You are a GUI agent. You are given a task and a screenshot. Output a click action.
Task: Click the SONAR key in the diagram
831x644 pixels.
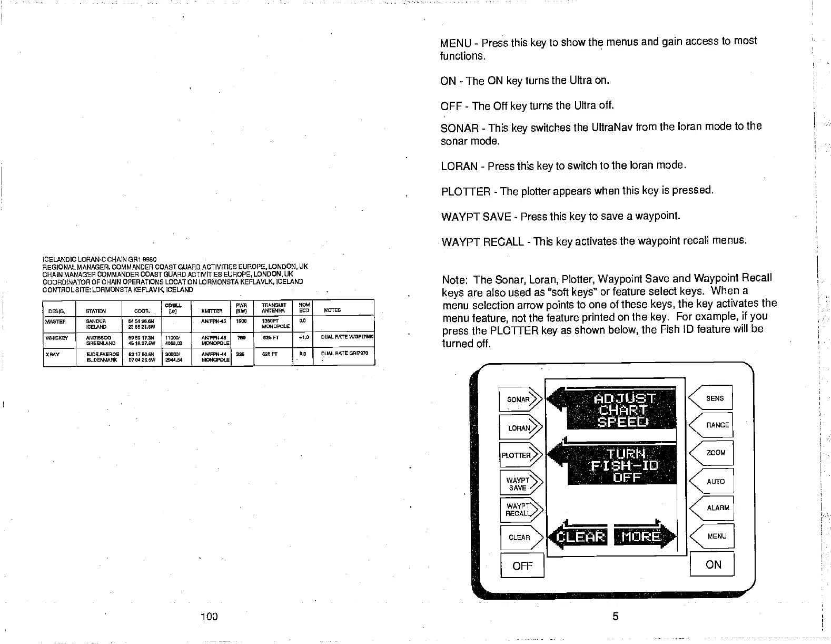[x=519, y=399]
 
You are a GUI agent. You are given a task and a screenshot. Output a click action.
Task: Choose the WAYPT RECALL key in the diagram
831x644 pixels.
[x=519, y=510]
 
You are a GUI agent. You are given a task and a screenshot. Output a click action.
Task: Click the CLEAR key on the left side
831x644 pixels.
[x=519, y=538]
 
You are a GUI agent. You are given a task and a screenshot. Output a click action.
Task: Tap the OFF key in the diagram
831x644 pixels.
[x=522, y=566]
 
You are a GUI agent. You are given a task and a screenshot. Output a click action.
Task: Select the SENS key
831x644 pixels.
[x=714, y=398]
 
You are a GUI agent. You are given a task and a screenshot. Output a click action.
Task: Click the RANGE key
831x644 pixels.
[x=715, y=425]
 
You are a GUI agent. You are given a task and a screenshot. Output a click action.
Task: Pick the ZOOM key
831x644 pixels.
[x=715, y=453]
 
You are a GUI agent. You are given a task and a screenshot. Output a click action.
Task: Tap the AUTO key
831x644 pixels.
[x=715, y=481]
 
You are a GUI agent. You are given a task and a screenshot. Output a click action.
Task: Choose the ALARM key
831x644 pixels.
[x=716, y=508]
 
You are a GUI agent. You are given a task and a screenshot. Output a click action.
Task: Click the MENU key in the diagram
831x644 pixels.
[x=716, y=536]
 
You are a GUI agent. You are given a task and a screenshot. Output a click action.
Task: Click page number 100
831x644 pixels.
[x=209, y=616]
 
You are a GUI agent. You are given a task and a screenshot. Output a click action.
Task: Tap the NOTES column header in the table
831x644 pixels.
[x=332, y=310]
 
